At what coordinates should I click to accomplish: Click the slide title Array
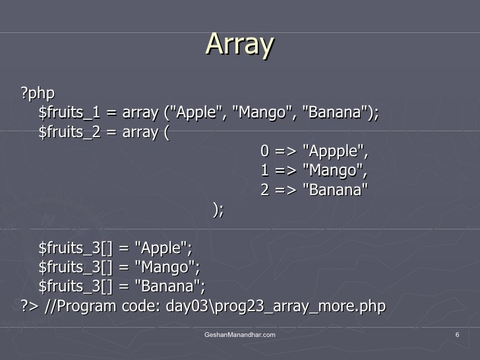pyautogui.click(x=240, y=45)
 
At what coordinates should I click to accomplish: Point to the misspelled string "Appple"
pyautogui.click(x=334, y=152)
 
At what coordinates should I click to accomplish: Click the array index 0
pyautogui.click(x=264, y=152)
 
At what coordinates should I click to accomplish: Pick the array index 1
pyautogui.click(x=264, y=171)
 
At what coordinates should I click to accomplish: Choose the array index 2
pyautogui.click(x=264, y=190)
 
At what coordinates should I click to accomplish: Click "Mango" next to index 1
pyautogui.click(x=334, y=171)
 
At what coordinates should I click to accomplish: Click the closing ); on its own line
pyautogui.click(x=218, y=209)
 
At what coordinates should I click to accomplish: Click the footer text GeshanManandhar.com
pyautogui.click(x=239, y=336)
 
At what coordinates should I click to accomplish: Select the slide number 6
pyautogui.click(x=457, y=336)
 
